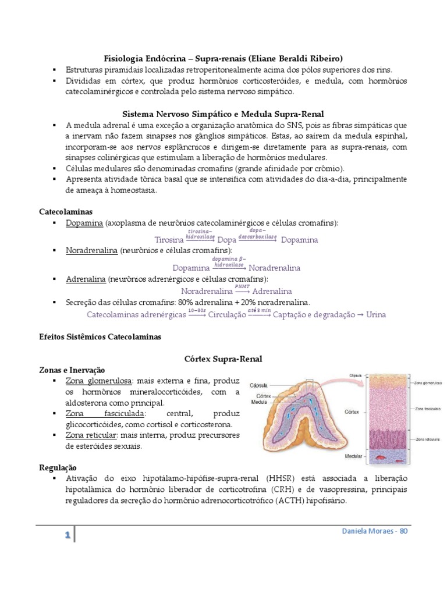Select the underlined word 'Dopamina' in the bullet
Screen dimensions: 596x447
click(84, 223)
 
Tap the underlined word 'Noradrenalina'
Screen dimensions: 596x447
click(91, 251)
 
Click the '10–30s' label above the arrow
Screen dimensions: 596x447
click(197, 311)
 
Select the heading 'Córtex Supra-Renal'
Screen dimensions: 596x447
click(223, 359)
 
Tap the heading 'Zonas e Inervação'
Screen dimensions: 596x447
click(72, 370)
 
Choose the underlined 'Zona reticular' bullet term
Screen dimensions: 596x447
click(92, 435)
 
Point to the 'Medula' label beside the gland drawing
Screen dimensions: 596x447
click(260, 402)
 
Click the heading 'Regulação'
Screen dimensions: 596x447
click(57, 467)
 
